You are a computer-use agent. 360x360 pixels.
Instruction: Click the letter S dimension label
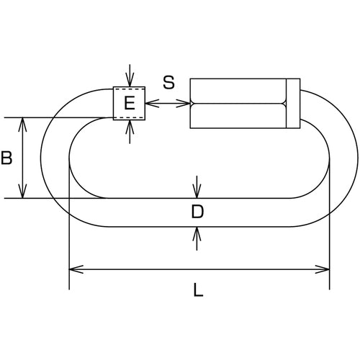point(168,82)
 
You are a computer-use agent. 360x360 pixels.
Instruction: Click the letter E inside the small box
point(130,103)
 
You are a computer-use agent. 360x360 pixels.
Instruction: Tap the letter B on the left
point(6,158)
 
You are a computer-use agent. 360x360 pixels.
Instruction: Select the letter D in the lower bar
point(197,212)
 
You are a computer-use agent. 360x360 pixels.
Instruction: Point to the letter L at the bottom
point(198,289)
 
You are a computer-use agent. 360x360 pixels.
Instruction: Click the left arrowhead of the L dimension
point(76,269)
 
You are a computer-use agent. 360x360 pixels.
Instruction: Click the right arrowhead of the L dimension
point(323,269)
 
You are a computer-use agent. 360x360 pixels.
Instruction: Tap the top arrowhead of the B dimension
point(22,125)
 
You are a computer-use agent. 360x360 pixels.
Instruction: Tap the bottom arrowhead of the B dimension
point(22,192)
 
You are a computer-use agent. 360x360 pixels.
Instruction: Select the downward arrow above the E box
point(130,76)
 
